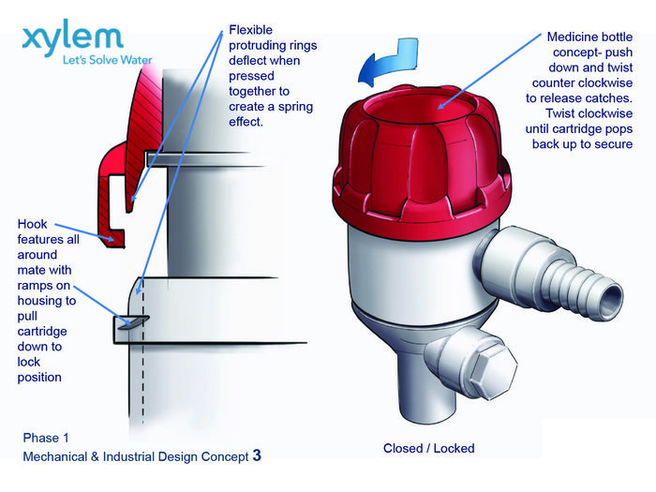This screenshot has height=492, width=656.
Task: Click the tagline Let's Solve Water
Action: (106, 61)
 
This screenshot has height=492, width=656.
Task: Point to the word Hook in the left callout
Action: (35, 225)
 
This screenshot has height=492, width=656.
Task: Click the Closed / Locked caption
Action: (428, 448)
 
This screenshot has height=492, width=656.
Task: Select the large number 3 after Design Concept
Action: (257, 456)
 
